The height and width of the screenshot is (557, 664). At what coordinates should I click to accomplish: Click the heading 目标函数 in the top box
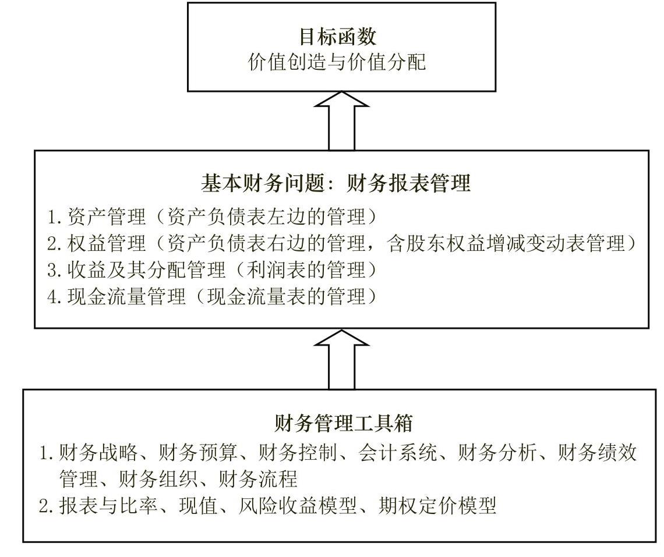(x=338, y=37)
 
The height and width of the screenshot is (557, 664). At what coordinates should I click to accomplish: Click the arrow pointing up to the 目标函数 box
(x=341, y=120)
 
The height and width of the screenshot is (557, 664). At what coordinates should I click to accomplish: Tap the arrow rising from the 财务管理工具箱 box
(x=341, y=359)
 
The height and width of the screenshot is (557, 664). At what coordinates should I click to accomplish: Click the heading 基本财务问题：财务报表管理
(x=336, y=184)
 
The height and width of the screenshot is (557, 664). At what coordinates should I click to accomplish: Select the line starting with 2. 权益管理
(x=342, y=243)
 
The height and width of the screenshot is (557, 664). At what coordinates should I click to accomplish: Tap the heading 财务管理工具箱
(x=344, y=423)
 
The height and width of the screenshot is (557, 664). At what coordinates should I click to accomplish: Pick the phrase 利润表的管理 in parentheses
(x=306, y=270)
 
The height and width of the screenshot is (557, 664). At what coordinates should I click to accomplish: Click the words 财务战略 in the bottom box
(x=98, y=452)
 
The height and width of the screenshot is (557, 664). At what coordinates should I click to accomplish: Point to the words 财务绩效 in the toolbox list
(x=597, y=452)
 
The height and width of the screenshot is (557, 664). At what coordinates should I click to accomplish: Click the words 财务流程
(x=258, y=478)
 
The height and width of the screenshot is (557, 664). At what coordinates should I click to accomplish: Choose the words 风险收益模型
(x=298, y=505)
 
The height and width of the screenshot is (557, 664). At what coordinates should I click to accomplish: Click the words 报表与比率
(x=108, y=505)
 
